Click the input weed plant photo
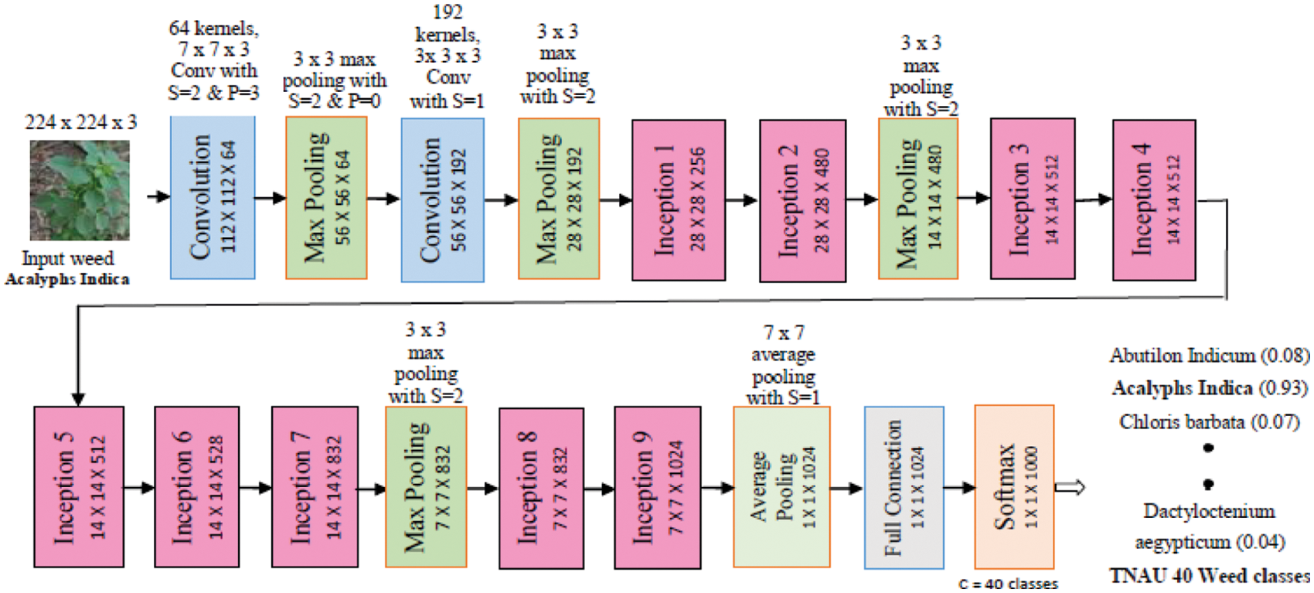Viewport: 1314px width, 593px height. [80, 190]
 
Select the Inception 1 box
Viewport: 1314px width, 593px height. [678, 199]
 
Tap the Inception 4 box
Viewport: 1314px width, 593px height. [1154, 199]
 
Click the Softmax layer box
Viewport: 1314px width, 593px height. [1014, 487]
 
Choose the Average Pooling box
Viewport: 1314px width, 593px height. [781, 487]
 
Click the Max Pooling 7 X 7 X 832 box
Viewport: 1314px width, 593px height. [426, 487]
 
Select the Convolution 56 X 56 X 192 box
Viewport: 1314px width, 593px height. [443, 199]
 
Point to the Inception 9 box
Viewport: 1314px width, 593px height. [657, 487]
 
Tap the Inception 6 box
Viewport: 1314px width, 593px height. [196, 487]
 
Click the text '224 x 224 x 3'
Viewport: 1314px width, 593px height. [80, 122]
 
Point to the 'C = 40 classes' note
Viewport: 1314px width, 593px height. [1009, 584]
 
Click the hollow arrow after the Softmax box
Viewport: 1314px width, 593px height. [1071, 488]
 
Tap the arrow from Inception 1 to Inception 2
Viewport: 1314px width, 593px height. [742, 200]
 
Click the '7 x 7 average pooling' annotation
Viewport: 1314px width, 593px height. [783, 365]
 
